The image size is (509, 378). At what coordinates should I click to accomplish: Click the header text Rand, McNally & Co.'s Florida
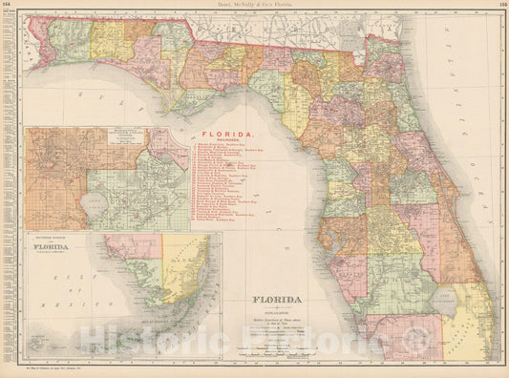(x=254, y=5)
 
